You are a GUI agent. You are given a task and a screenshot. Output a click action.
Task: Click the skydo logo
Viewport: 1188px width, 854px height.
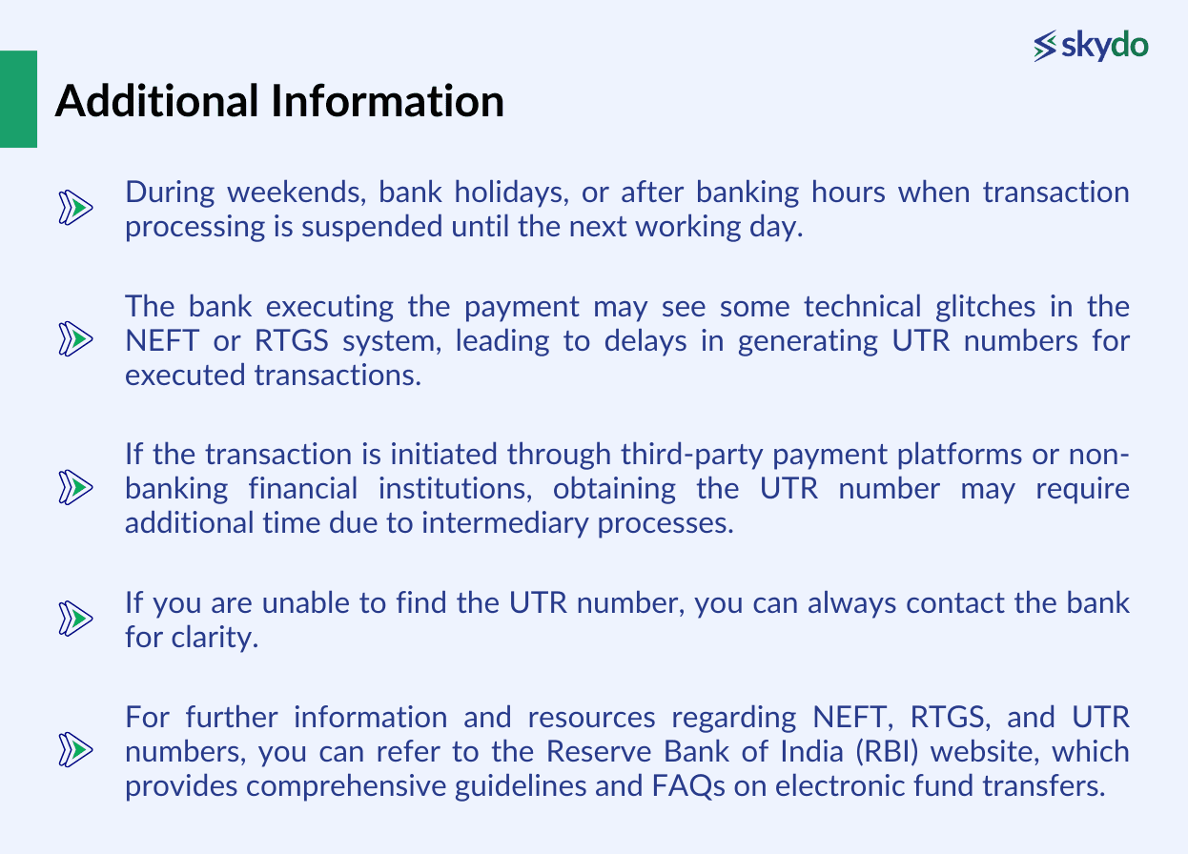click(1091, 45)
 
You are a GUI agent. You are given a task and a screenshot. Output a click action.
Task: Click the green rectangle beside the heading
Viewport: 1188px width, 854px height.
click(18, 99)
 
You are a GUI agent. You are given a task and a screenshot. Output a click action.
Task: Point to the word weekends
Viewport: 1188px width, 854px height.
click(289, 193)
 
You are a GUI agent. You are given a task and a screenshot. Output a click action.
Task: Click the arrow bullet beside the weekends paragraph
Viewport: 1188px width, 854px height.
click(75, 207)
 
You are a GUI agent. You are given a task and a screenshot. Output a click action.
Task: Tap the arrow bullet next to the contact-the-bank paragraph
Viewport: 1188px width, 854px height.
click(75, 619)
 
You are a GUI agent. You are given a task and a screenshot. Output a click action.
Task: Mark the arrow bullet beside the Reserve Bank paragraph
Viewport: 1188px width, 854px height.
click(75, 750)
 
